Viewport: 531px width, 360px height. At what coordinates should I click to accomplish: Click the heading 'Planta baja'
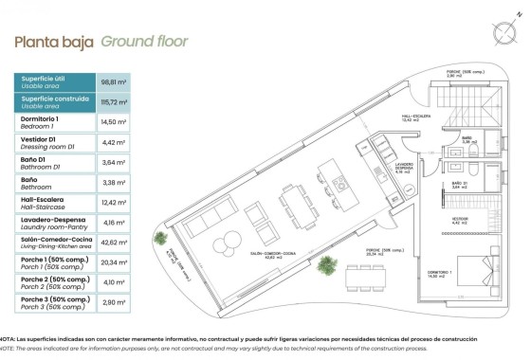53,42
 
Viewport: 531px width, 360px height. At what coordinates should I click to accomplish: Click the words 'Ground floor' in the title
144,42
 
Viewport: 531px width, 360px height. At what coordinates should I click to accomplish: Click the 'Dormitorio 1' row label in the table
40,119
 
